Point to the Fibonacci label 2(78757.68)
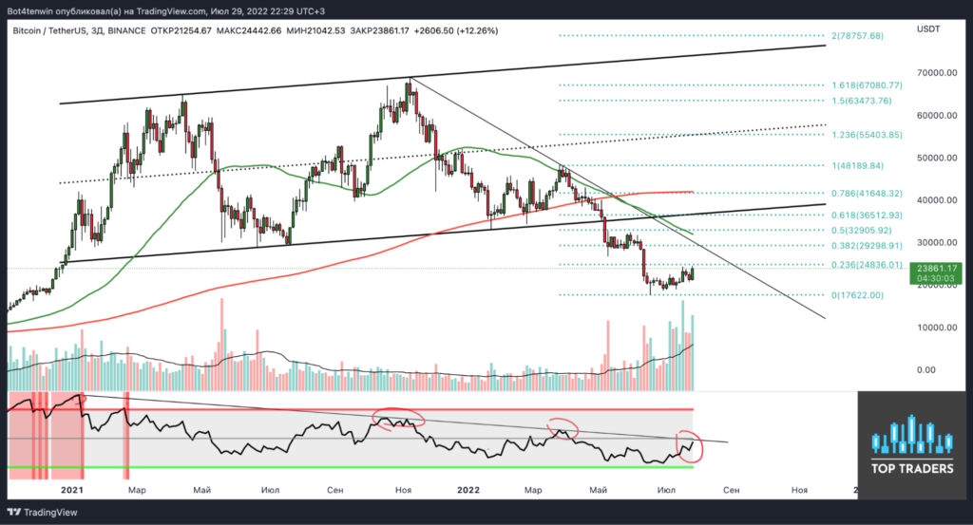click(x=857, y=36)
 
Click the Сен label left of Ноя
click(x=335, y=490)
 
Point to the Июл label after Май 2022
click(x=664, y=490)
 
